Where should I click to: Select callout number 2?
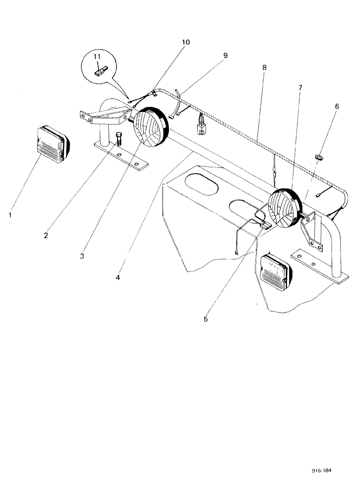coord(46,235)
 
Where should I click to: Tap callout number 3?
coord(82,256)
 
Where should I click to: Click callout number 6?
coord(337,106)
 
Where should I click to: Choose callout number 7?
coord(300,88)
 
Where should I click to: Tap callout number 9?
coord(225,55)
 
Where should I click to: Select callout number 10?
coord(185,42)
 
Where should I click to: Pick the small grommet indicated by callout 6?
coord(318,157)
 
